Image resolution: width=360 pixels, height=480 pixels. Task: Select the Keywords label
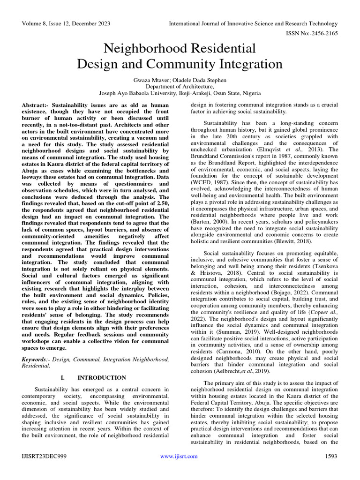click(x=35, y=359)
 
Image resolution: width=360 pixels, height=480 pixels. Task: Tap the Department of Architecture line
click(x=180, y=86)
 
